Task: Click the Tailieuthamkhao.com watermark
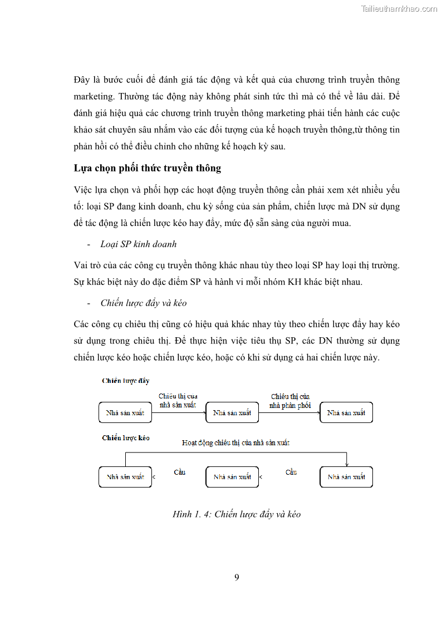[x=399, y=9]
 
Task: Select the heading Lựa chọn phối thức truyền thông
[x=147, y=168]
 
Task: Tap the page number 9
[x=237, y=577]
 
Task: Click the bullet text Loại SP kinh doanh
[x=139, y=244]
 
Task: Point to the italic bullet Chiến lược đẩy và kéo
[x=144, y=303]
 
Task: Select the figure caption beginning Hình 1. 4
[x=237, y=514]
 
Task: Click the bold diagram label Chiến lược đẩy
[x=126, y=381]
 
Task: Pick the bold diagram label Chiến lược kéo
[x=126, y=438]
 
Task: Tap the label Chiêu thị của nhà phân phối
[x=290, y=401]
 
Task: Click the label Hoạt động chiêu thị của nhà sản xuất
[x=235, y=443]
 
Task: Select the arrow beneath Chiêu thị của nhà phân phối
[x=289, y=412]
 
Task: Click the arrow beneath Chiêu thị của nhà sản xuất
[x=179, y=412]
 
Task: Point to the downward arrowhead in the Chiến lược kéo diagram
[x=346, y=464]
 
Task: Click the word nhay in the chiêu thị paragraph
[x=278, y=324]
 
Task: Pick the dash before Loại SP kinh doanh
[x=89, y=245]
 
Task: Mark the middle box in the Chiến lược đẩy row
[x=232, y=413]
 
